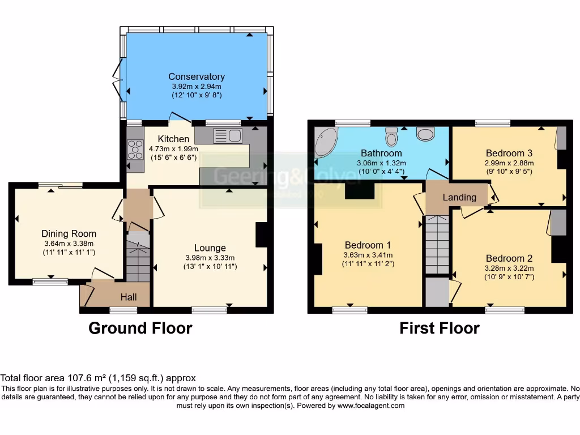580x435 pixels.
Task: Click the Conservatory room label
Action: (x=197, y=76)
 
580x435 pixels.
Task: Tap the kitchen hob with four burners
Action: (x=135, y=150)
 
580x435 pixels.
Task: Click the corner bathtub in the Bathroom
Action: (x=326, y=142)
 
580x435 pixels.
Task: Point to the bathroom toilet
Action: (x=391, y=137)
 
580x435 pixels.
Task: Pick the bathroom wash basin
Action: (x=425, y=133)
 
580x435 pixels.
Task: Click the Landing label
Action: (x=459, y=197)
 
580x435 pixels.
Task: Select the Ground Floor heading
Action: (x=140, y=328)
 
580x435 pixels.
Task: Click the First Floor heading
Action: (x=440, y=328)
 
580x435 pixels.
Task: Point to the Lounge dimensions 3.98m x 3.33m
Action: (x=210, y=257)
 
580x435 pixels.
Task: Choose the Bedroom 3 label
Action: (x=509, y=153)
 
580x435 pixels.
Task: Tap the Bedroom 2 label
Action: (x=509, y=258)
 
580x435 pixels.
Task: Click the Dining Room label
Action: (x=69, y=233)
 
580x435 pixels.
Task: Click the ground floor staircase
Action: (x=138, y=258)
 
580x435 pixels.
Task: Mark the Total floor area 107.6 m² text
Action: (x=98, y=378)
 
